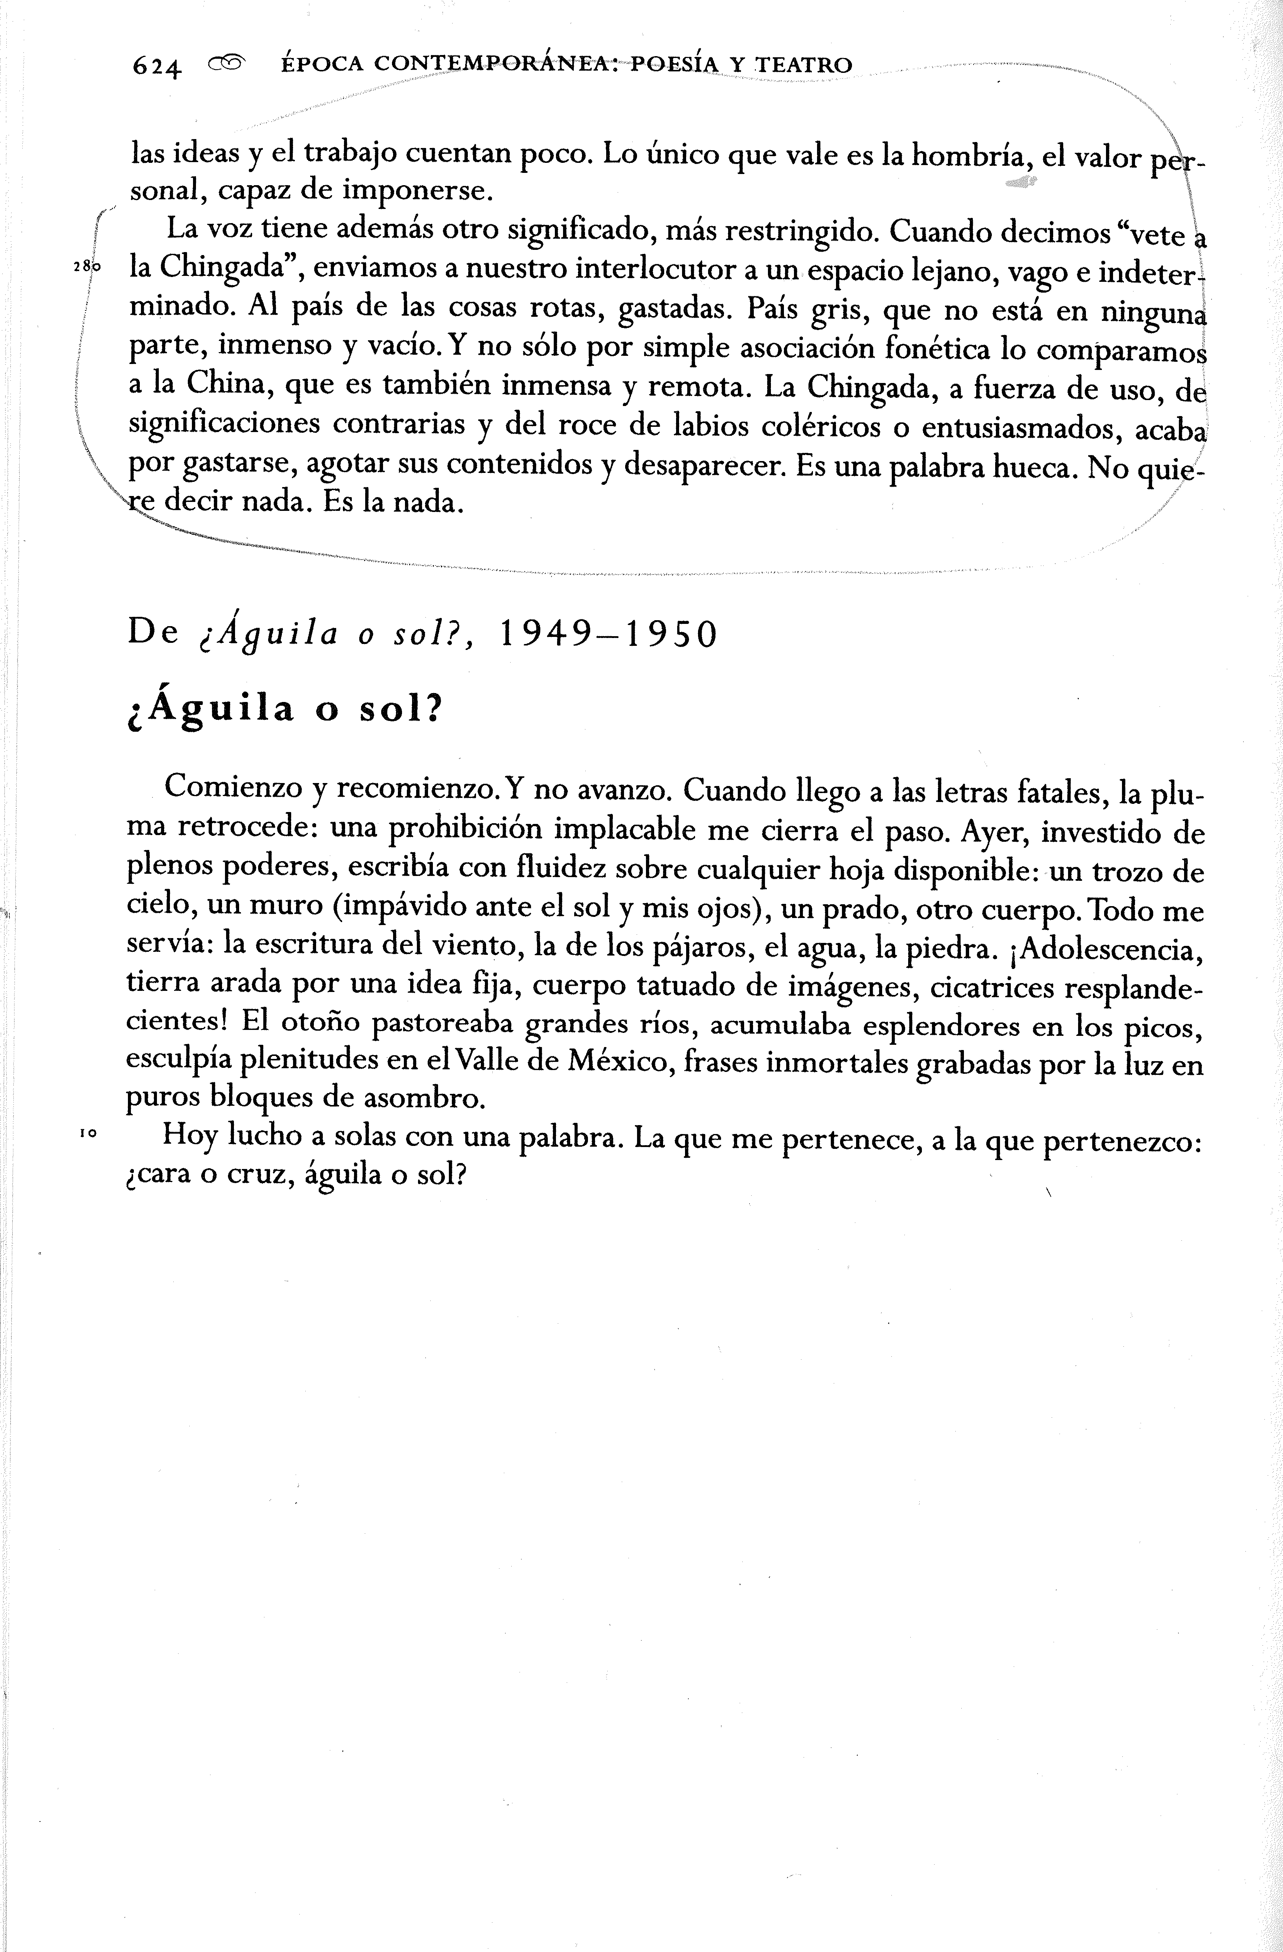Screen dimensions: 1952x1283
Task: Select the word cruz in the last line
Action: click(x=257, y=1175)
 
